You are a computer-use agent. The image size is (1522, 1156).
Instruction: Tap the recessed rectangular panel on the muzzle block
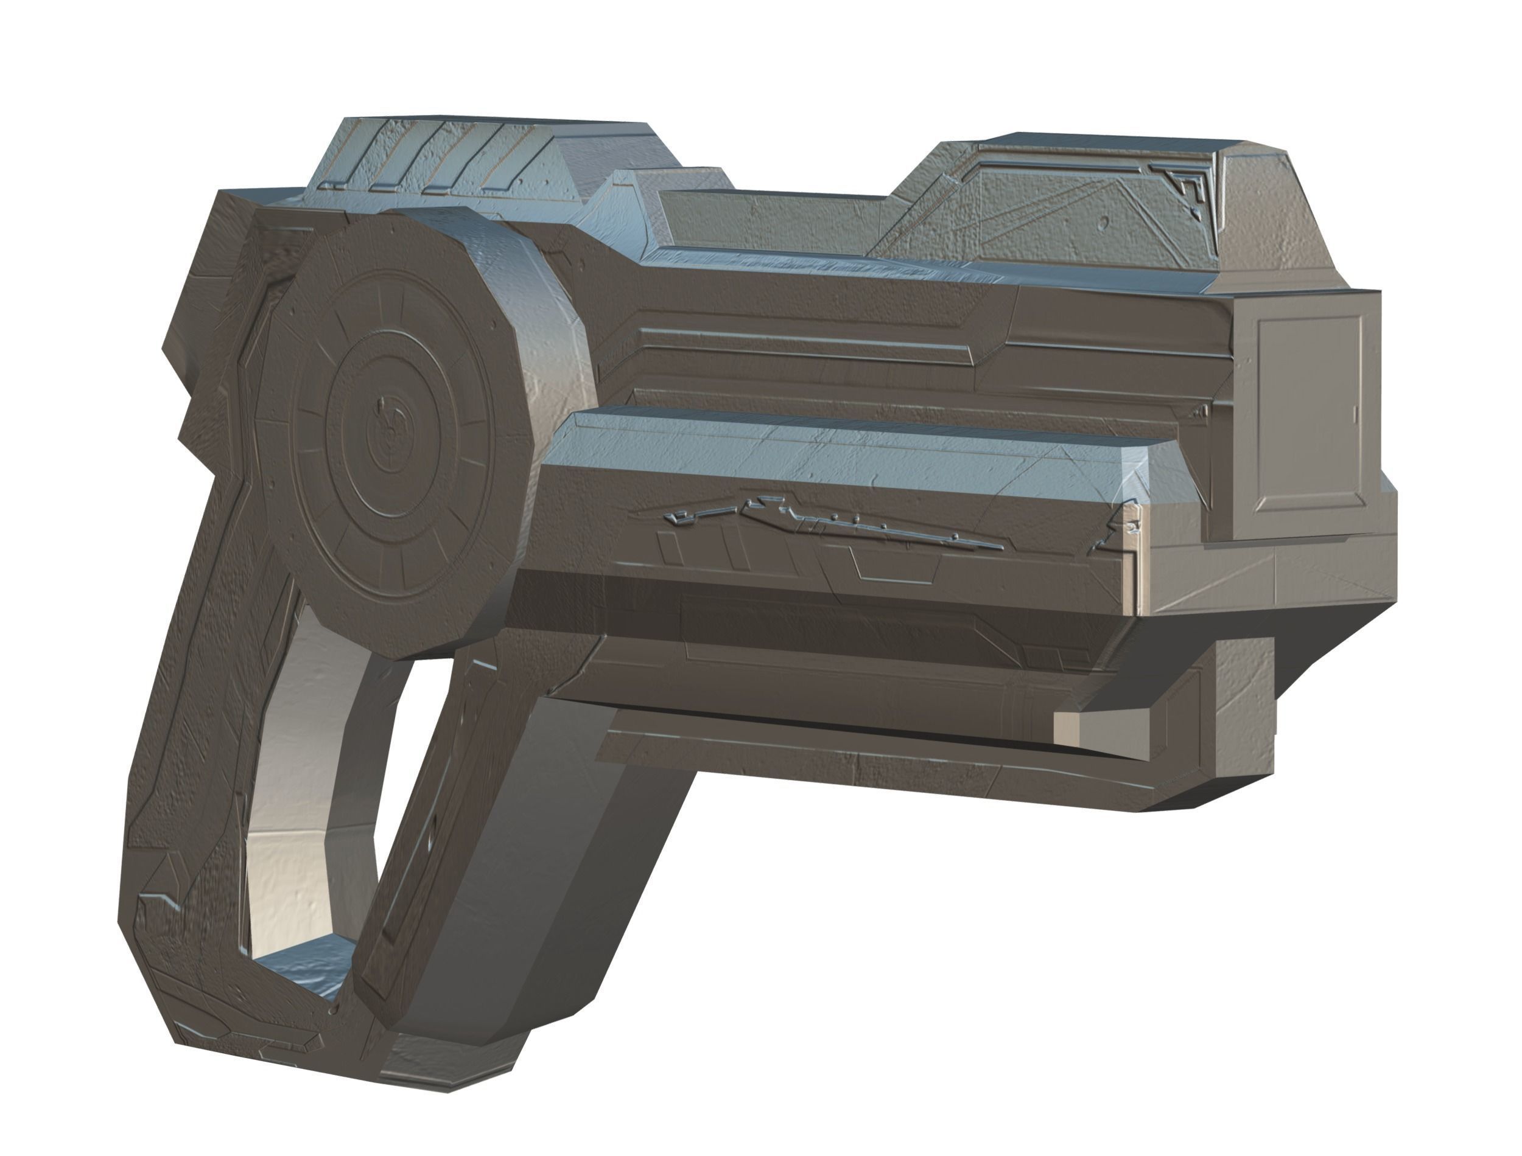click(x=1308, y=413)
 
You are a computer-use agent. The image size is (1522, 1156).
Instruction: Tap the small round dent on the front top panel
click(x=1104, y=222)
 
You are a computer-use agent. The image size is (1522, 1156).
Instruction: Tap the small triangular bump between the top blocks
click(x=620, y=206)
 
